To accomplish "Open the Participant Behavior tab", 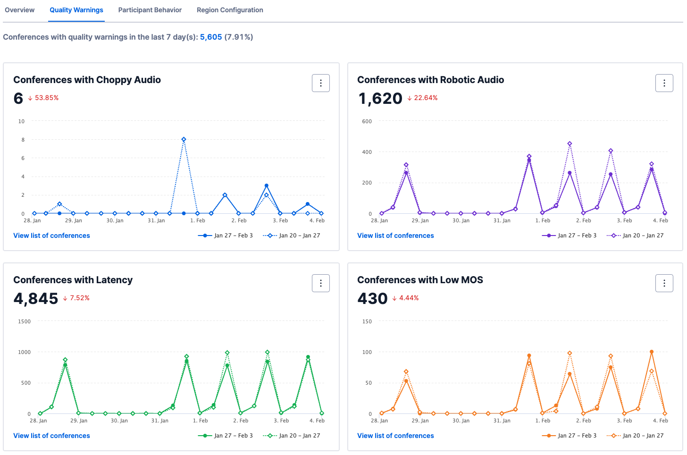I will pos(150,10).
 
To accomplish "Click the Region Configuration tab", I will pos(230,10).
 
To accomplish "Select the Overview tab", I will pos(19,10).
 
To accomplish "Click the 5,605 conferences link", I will pos(210,37).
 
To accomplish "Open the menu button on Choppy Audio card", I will pos(321,83).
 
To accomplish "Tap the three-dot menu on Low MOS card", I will pos(664,283).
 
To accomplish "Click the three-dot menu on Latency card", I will pos(321,283).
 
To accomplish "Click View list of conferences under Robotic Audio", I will pos(395,236).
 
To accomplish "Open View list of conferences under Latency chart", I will pos(51,436).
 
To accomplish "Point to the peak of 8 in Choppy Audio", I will pos(184,140).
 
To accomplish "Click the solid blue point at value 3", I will pos(267,185).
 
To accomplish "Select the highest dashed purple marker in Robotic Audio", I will pos(570,144).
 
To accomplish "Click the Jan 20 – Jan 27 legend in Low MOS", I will pos(636,436).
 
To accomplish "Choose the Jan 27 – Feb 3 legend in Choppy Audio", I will pos(226,236).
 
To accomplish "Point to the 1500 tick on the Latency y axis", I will pos(24,321).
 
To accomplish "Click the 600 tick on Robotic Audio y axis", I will pos(367,121).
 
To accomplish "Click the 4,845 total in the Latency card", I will pos(36,298).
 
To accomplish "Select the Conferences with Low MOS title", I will pos(420,280).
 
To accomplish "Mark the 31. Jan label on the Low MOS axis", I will pos(502,421).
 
